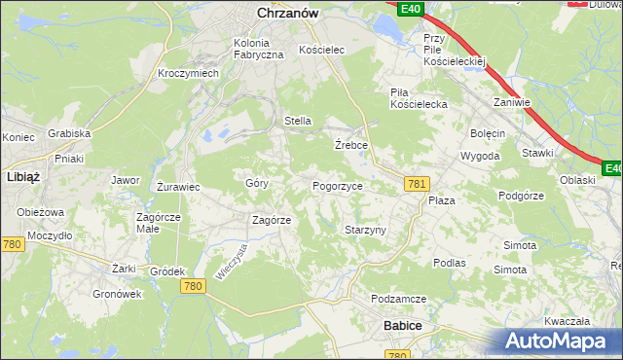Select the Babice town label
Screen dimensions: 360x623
click(402, 325)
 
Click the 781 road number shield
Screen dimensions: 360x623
click(418, 184)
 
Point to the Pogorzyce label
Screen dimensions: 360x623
click(337, 185)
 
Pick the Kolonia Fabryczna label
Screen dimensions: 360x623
click(258, 49)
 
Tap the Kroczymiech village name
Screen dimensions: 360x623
click(189, 74)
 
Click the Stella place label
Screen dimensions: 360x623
click(297, 121)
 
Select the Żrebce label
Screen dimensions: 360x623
click(349, 144)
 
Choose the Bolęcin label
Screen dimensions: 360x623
click(487, 133)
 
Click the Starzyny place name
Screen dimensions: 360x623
click(366, 230)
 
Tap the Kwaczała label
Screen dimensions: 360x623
click(568, 320)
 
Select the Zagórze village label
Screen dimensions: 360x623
click(272, 220)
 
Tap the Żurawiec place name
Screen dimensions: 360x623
click(178, 186)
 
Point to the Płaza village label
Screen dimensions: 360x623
click(442, 199)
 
